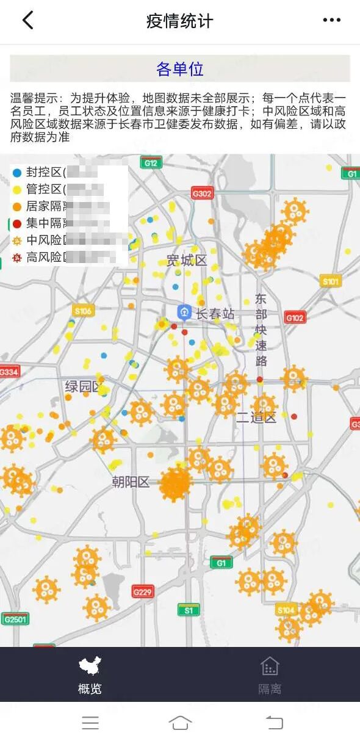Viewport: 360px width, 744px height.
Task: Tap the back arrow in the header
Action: (x=27, y=21)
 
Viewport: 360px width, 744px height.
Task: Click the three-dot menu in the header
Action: (x=331, y=21)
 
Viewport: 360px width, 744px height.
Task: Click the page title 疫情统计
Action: (x=179, y=21)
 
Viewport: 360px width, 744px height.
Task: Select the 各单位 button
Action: (x=180, y=69)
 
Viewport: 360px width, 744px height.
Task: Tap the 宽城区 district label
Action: (x=187, y=261)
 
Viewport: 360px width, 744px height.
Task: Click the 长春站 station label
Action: (x=215, y=314)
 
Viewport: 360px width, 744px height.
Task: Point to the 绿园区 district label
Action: (x=83, y=386)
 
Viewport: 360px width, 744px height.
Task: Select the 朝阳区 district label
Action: (x=131, y=482)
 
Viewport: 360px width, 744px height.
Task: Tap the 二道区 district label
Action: (x=256, y=418)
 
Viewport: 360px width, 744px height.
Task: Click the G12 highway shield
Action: (x=150, y=163)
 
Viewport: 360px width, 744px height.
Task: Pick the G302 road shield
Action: (x=202, y=194)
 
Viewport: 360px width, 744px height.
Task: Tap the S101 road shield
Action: (x=330, y=281)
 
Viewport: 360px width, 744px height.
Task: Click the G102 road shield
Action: (x=295, y=318)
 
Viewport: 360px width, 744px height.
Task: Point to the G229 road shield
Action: (x=143, y=591)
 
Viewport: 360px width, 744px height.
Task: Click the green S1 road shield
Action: (x=189, y=610)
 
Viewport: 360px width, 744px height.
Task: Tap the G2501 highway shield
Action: (x=15, y=619)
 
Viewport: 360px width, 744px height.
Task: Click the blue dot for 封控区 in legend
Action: (x=17, y=173)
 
